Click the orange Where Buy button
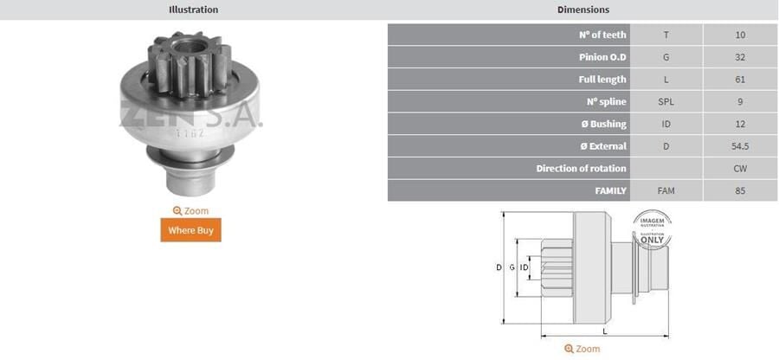[x=190, y=230]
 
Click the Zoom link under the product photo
[x=190, y=210]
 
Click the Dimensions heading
[x=583, y=10]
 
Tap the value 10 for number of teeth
[x=739, y=35]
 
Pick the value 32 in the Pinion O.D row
[x=739, y=57]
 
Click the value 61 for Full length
[x=739, y=80]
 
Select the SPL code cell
[x=666, y=101]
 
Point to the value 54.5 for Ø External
[x=739, y=146]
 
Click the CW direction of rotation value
[x=739, y=168]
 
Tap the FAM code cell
[x=666, y=190]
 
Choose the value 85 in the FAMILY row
[x=739, y=190]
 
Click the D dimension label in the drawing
[x=499, y=267]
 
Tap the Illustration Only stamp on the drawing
[x=653, y=231]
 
